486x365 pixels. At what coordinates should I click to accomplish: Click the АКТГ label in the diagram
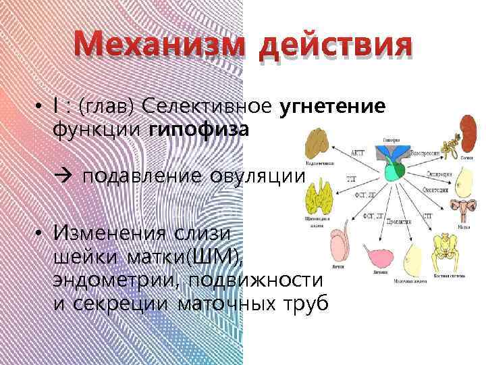358,152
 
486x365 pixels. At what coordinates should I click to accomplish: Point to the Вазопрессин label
428,151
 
